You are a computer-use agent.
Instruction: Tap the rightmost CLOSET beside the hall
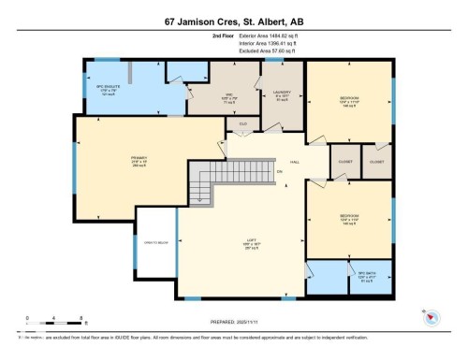point(377,161)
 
